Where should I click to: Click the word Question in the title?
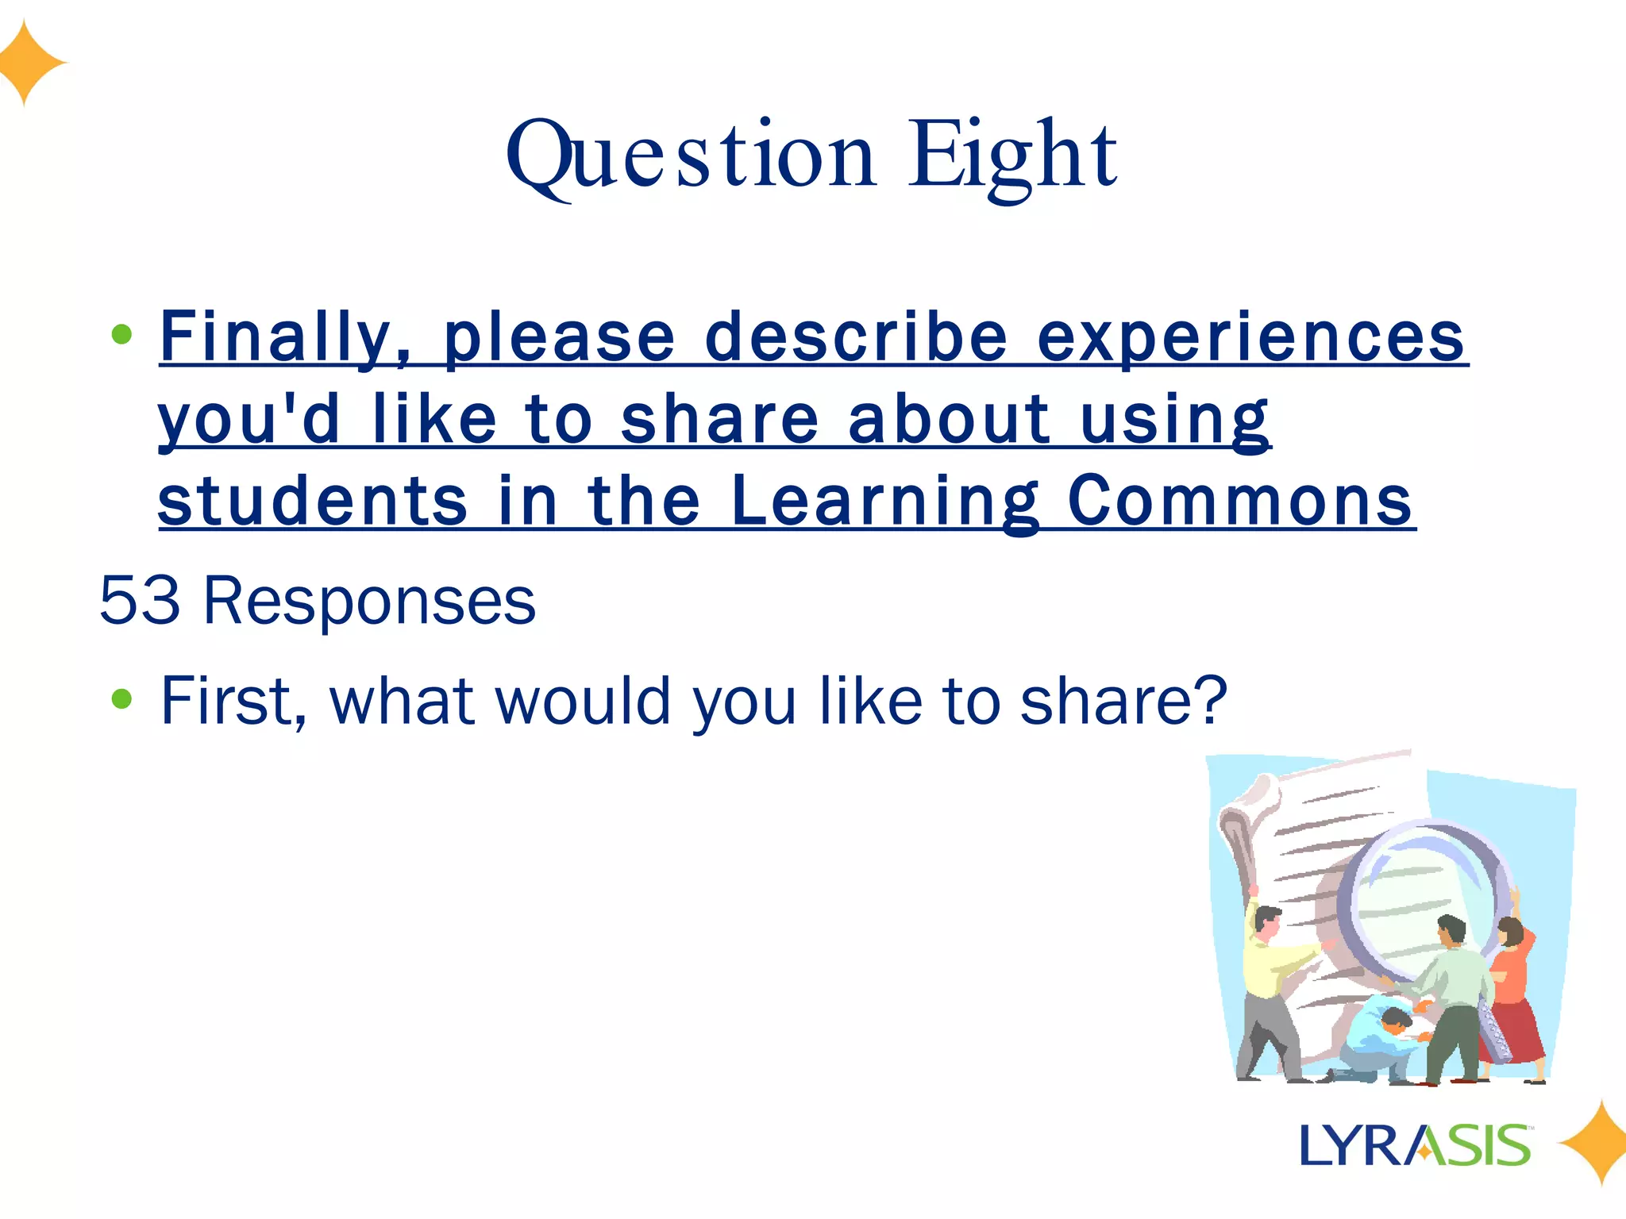pos(691,156)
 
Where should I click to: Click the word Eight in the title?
pos(1013,156)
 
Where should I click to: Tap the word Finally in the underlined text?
pos(286,338)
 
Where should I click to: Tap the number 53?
pos(140,600)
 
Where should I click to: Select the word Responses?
pos(369,602)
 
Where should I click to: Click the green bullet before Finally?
pos(121,334)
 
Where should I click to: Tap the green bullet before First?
pos(121,698)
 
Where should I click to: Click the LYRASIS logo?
pos(1415,1145)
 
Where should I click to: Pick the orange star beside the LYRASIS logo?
pos(1594,1143)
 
